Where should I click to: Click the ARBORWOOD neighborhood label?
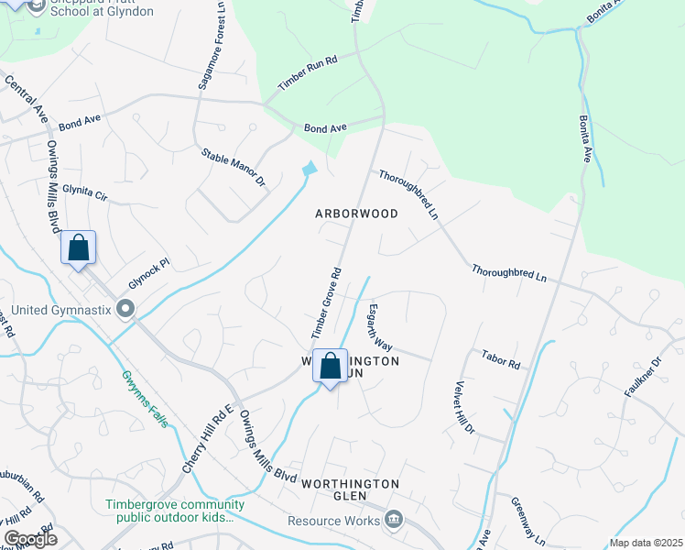356,214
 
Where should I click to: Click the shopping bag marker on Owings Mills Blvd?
79,248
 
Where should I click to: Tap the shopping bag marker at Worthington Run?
330,367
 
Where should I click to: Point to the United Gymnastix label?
53,310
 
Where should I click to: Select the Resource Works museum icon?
394,520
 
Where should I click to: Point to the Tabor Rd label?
501,358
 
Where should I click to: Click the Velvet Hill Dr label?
464,407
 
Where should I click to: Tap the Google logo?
30,538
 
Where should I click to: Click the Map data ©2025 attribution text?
646,543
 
